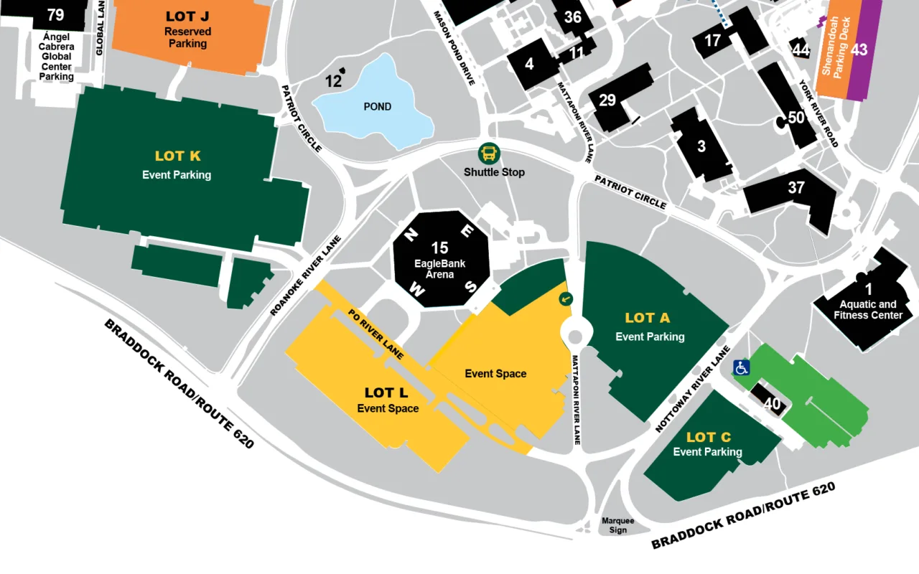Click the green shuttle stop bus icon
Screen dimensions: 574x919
coord(489,153)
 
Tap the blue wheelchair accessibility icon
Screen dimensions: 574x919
coord(742,367)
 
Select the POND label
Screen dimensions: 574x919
coord(377,107)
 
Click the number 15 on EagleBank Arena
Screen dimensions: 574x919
coord(439,248)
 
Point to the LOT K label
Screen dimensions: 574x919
coord(177,156)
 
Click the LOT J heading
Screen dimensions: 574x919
coord(187,16)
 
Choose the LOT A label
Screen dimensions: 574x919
coord(647,318)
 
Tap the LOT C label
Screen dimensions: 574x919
coord(708,437)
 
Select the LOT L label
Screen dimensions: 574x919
coord(386,392)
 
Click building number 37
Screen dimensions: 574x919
coord(796,188)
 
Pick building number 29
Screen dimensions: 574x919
coord(607,100)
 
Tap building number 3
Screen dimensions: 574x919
coord(701,147)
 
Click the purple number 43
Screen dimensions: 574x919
coord(859,50)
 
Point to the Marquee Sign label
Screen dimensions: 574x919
coord(617,526)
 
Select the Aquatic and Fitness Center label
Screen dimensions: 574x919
coord(867,309)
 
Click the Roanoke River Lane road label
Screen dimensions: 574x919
coord(306,276)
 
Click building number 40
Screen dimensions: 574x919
coord(772,404)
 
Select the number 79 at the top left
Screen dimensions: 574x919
coord(55,15)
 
